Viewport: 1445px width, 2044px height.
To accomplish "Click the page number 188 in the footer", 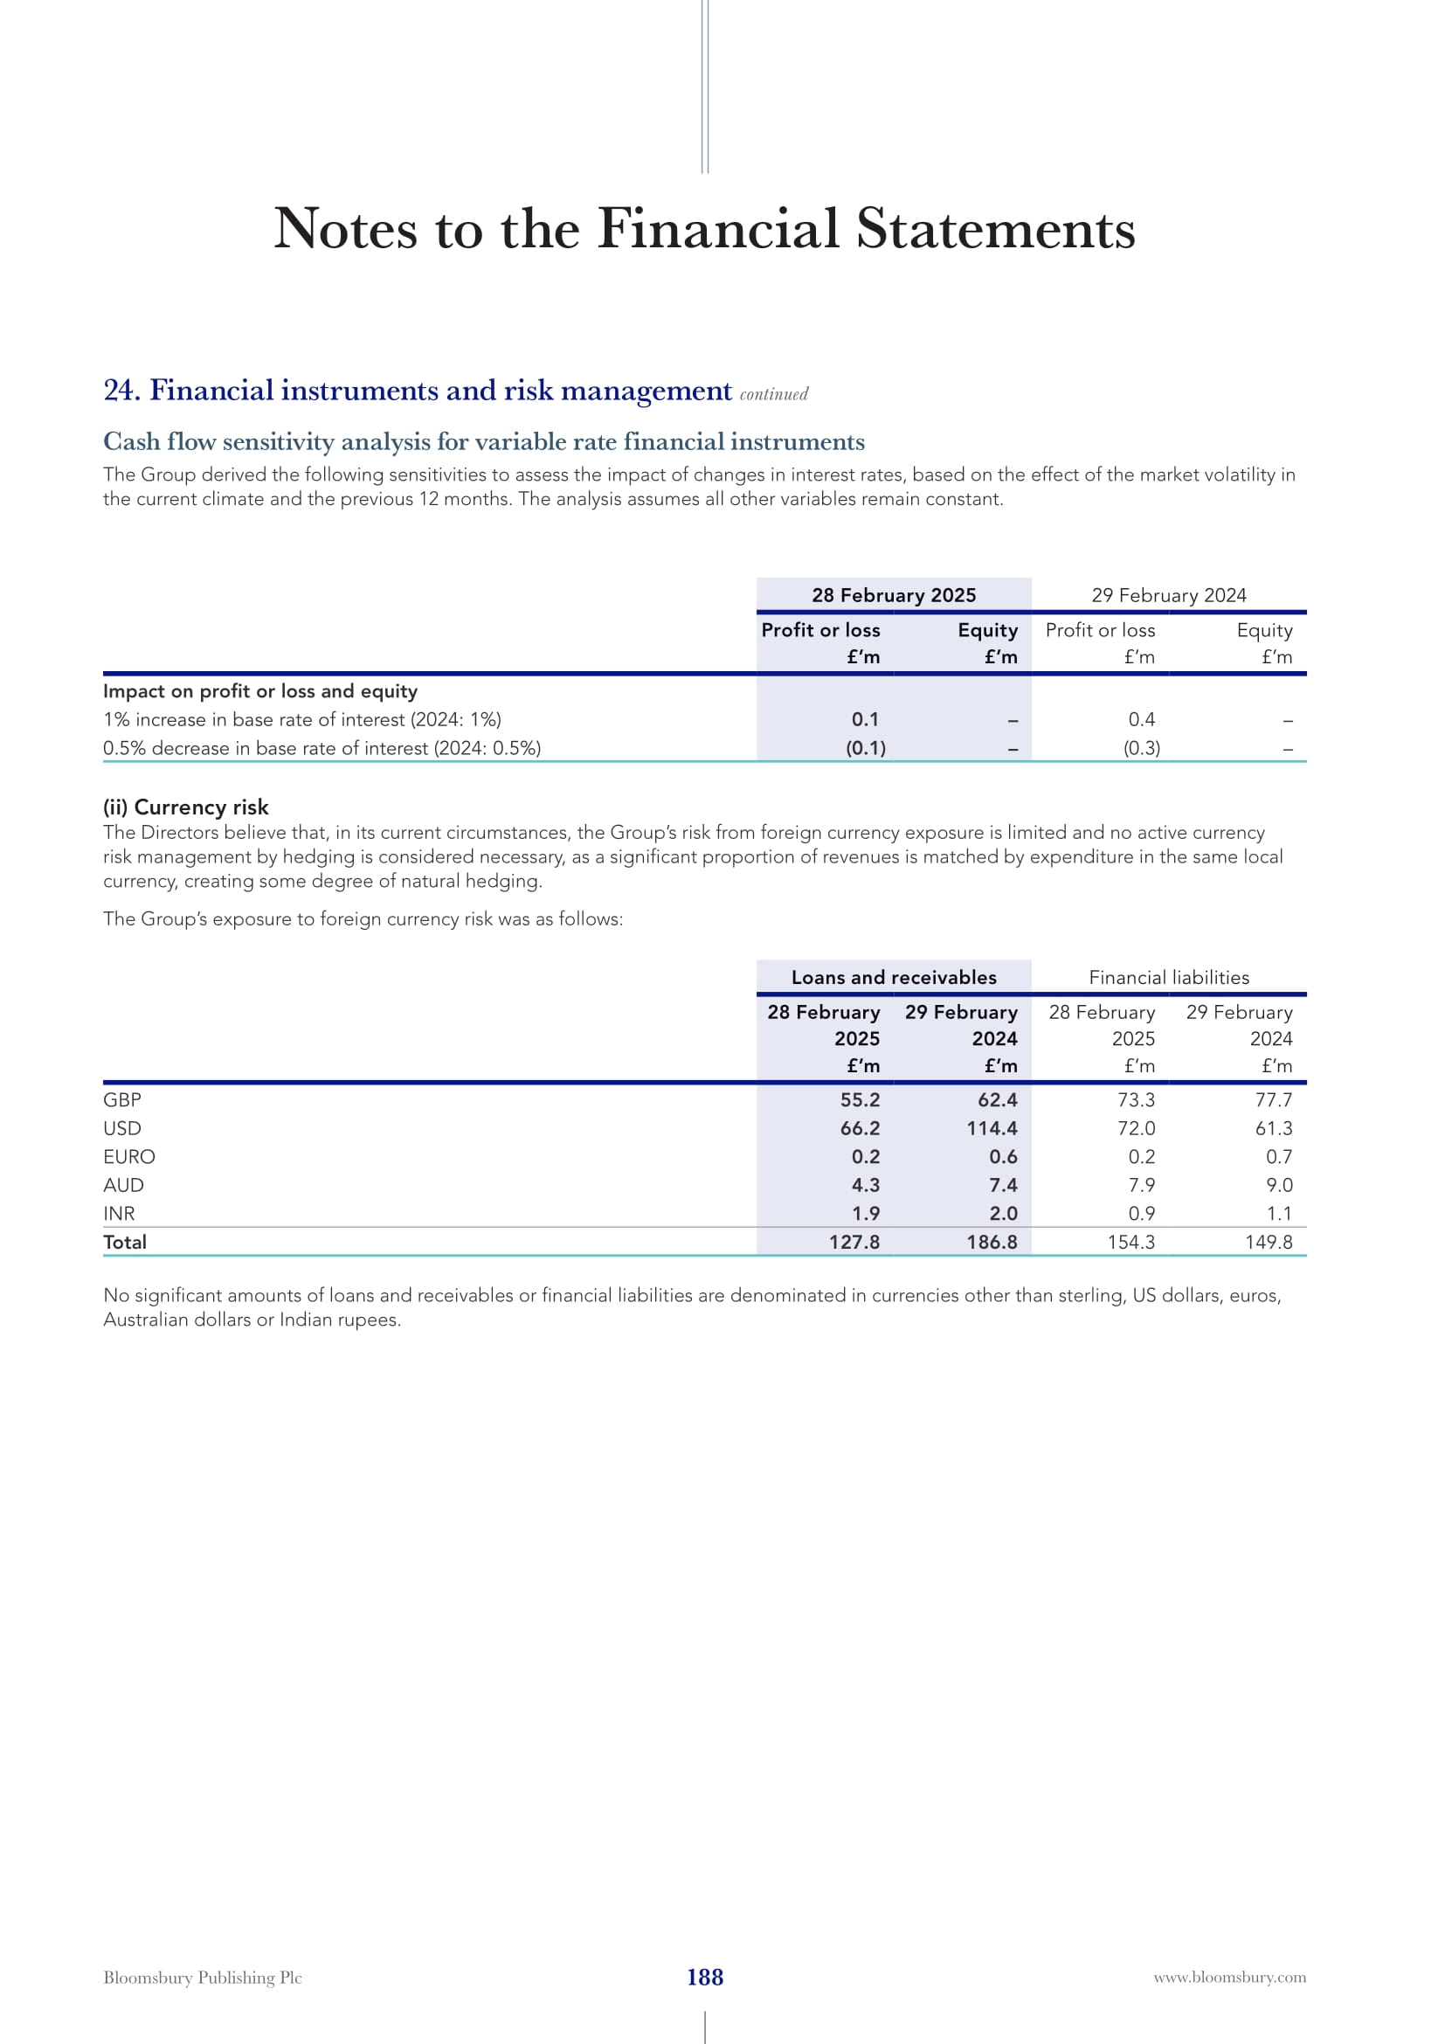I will tap(705, 1978).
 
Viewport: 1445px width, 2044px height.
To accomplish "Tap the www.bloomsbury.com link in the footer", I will tap(1230, 1978).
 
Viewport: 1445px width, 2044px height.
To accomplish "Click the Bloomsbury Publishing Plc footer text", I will tap(202, 1978).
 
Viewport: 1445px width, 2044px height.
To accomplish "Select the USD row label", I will tap(122, 1128).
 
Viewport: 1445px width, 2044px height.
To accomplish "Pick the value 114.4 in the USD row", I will tap(992, 1128).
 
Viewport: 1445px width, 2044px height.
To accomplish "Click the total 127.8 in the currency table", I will tap(854, 1242).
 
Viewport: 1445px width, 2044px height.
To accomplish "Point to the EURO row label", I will tap(129, 1156).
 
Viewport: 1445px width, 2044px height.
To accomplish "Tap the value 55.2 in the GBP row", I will tap(860, 1099).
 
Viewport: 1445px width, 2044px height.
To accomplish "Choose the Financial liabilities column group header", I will tap(1168, 978).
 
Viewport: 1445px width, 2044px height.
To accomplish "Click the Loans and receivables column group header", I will tap(894, 978).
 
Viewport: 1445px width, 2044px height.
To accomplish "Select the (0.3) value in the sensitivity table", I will tap(1142, 748).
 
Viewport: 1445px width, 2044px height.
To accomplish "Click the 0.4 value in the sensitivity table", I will tap(1142, 719).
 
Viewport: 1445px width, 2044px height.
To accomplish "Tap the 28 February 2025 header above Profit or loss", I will tap(894, 595).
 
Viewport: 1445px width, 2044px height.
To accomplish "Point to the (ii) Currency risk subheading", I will tap(186, 807).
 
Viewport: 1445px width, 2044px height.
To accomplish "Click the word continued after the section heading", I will tap(774, 394).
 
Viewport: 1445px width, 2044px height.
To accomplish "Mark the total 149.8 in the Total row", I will tap(1268, 1242).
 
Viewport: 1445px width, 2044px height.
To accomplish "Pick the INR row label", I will tap(119, 1214).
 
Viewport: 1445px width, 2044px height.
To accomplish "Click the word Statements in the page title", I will tap(996, 229).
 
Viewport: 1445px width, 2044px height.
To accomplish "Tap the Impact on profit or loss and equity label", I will tap(259, 691).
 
